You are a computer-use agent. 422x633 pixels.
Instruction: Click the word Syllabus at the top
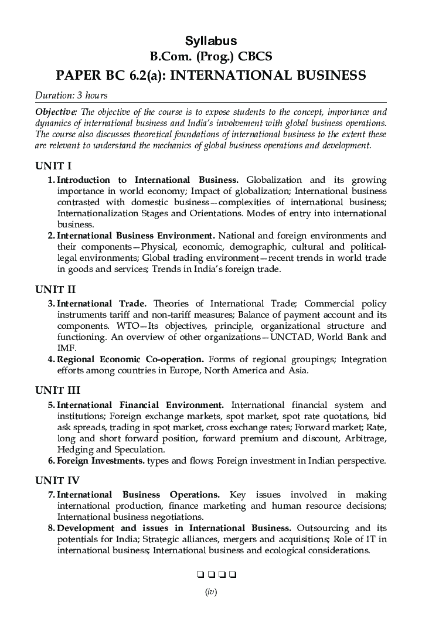tap(211, 40)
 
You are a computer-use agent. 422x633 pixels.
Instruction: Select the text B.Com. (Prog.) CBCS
tap(211, 57)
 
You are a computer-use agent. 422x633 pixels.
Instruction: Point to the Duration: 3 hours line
tap(71, 95)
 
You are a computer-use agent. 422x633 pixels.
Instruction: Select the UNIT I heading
tap(53, 166)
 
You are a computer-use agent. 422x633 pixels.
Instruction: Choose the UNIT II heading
tap(55, 289)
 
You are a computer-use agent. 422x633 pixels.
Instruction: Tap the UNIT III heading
tap(57, 390)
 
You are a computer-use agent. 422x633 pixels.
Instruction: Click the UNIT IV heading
tap(57, 481)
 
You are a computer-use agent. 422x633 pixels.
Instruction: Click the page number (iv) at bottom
tap(211, 592)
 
